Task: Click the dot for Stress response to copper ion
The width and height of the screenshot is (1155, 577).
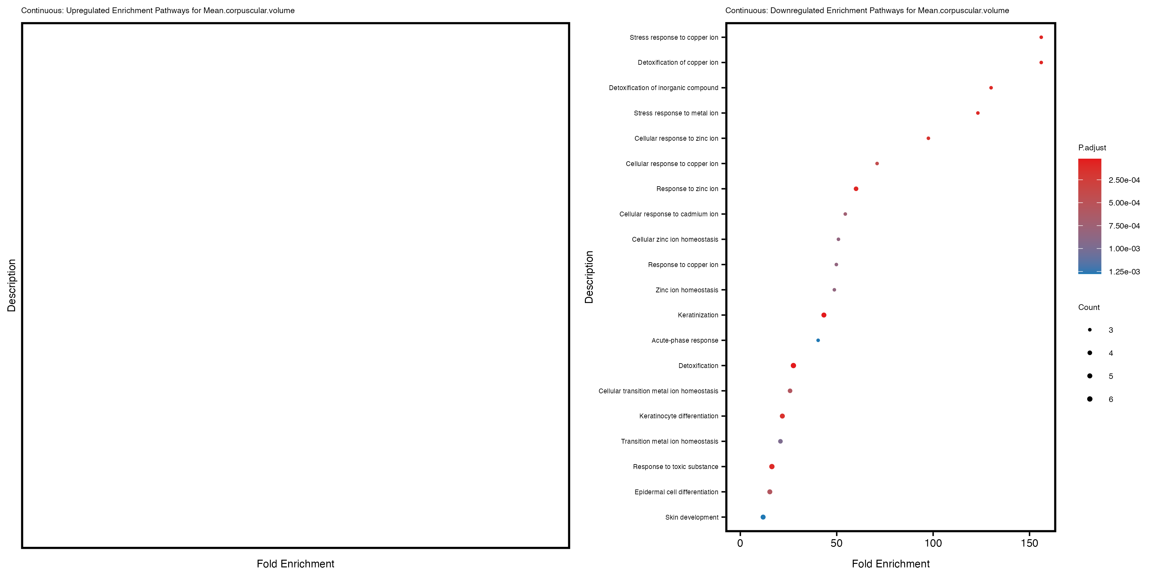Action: (1041, 37)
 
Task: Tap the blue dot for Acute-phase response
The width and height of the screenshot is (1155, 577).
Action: (818, 340)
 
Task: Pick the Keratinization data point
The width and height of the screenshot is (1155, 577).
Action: (824, 315)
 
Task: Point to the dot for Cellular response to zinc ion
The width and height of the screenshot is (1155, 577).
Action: (928, 138)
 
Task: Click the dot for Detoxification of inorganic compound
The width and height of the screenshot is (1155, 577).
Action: (991, 88)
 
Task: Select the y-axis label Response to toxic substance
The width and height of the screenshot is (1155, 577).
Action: (675, 467)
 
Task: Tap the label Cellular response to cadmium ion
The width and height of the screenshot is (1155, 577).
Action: (669, 214)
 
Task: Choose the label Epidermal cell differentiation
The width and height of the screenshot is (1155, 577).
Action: (676, 492)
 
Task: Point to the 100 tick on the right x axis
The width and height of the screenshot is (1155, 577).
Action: (933, 543)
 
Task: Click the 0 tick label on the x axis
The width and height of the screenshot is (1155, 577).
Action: (740, 543)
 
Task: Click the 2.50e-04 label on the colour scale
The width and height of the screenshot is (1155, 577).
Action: (1124, 180)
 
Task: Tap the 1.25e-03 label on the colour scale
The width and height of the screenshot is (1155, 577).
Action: (1124, 272)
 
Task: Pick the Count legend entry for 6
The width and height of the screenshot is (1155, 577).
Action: (1111, 399)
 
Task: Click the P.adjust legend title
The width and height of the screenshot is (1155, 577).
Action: (1092, 148)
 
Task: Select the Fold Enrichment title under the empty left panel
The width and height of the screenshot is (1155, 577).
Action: (295, 564)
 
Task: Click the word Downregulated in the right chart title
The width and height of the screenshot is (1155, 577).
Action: (794, 10)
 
